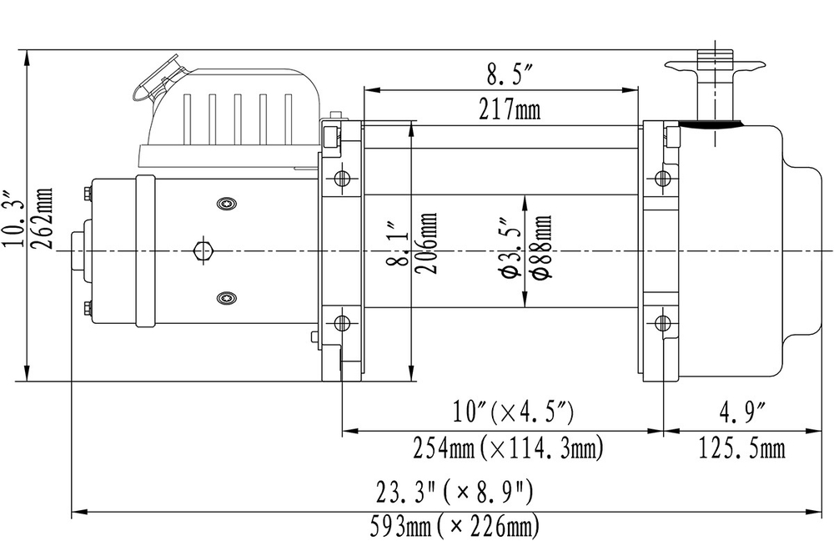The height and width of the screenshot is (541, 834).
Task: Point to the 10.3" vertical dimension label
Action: pyautogui.click(x=13, y=219)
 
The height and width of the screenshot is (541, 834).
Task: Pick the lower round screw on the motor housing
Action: pyautogui.click(x=225, y=297)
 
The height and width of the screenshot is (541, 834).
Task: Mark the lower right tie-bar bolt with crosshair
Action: pyautogui.click(x=664, y=323)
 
